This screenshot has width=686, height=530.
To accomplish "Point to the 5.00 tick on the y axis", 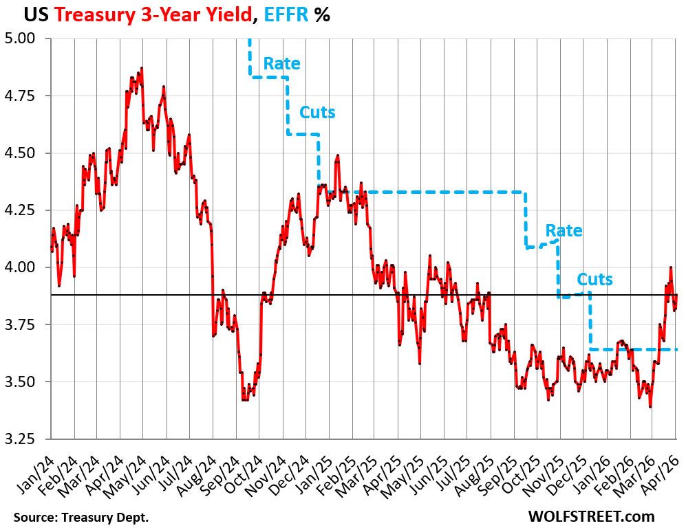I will (x=26, y=38).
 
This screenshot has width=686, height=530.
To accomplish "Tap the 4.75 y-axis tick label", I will (x=26, y=96).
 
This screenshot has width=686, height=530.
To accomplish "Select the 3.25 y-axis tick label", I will (x=26, y=439).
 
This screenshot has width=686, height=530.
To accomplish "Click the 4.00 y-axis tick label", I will (x=26, y=267).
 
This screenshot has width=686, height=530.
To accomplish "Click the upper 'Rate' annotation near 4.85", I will (x=282, y=64).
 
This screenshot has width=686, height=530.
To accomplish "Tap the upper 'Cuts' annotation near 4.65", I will (x=317, y=112).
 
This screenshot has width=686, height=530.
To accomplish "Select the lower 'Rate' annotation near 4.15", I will (x=564, y=231).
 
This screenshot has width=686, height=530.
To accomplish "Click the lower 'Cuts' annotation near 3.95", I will (x=594, y=280).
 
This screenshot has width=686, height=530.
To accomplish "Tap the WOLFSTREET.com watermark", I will (x=592, y=516).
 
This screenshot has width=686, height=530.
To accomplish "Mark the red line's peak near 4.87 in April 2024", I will (x=141, y=68).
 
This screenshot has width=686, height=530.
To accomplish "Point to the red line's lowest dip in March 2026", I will (x=650, y=407).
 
